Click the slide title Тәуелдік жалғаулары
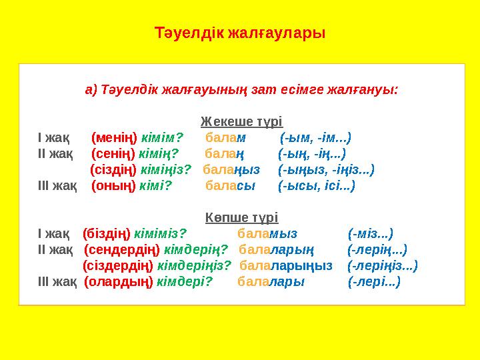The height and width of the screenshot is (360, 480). coord(240,32)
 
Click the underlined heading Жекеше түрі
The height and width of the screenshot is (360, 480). coord(241,123)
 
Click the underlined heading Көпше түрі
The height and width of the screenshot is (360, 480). coord(241,218)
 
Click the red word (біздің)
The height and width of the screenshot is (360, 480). coord(107,234)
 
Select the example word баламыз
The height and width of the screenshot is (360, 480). coord(267,234)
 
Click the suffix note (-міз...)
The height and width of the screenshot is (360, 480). coord(370,234)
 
